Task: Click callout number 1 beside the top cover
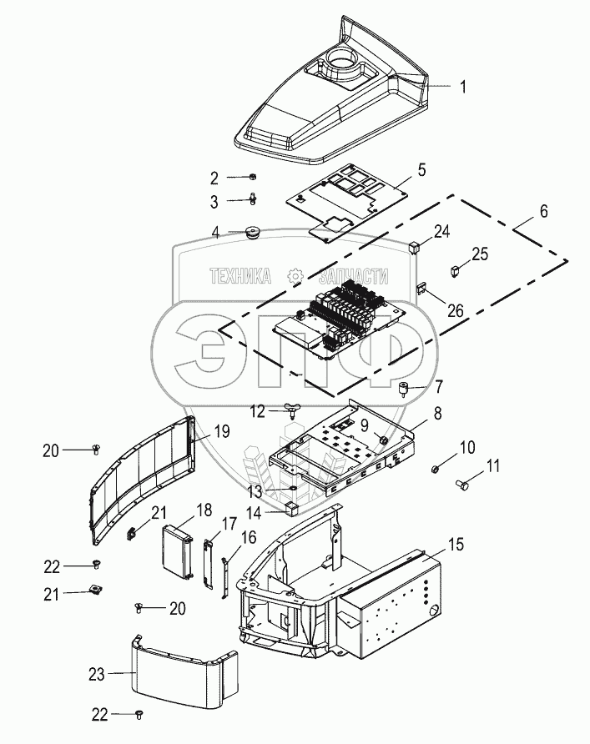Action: (463, 87)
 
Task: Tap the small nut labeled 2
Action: (253, 177)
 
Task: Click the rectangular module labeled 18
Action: (178, 550)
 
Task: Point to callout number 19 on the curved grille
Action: (220, 431)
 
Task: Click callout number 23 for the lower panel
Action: (96, 674)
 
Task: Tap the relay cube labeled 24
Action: (415, 247)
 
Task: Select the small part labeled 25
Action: (454, 271)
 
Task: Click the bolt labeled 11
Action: (464, 485)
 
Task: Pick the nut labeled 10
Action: (433, 470)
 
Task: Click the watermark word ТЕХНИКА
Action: (240, 276)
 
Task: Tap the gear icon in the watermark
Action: (295, 276)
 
